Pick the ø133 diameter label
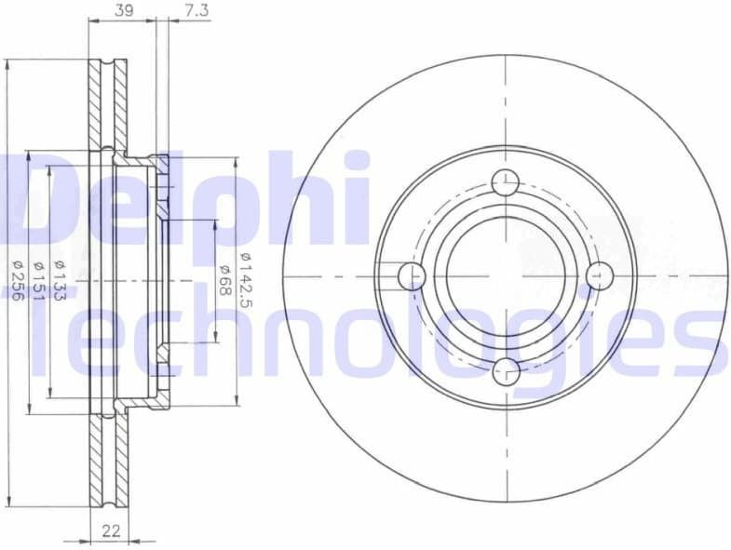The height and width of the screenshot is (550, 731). pos(59,276)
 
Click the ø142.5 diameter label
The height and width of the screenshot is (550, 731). pos(244,276)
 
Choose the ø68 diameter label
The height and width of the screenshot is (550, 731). pos(224,276)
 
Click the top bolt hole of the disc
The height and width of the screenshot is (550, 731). pos(505,182)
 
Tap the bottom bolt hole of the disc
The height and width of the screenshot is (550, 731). pos(505,370)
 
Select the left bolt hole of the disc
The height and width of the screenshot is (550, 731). pos(411,276)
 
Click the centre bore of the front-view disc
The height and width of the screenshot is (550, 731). pos(505,276)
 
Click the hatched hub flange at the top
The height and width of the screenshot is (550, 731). pos(163,168)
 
